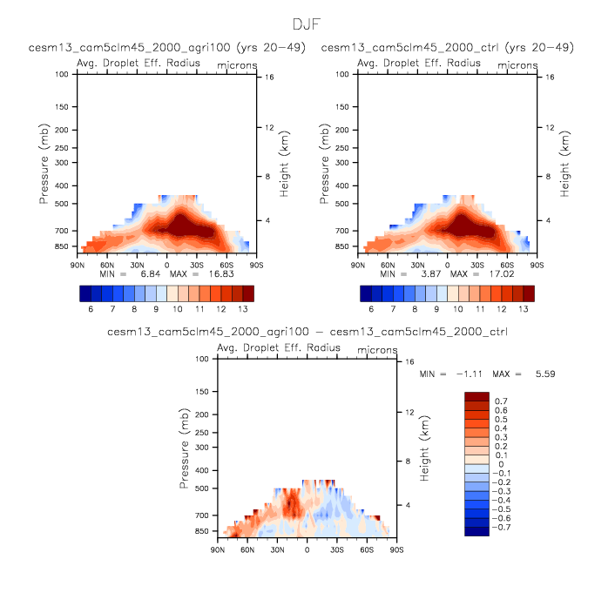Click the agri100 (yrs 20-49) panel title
click(166, 46)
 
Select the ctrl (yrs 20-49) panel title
click(448, 46)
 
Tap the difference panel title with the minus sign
click(307, 331)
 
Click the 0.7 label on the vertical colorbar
click(501, 401)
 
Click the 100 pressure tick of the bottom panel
click(203, 359)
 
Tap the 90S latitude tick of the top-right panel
click(536, 263)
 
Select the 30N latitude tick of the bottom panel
click(277, 550)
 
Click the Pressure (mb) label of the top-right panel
click(324, 164)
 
